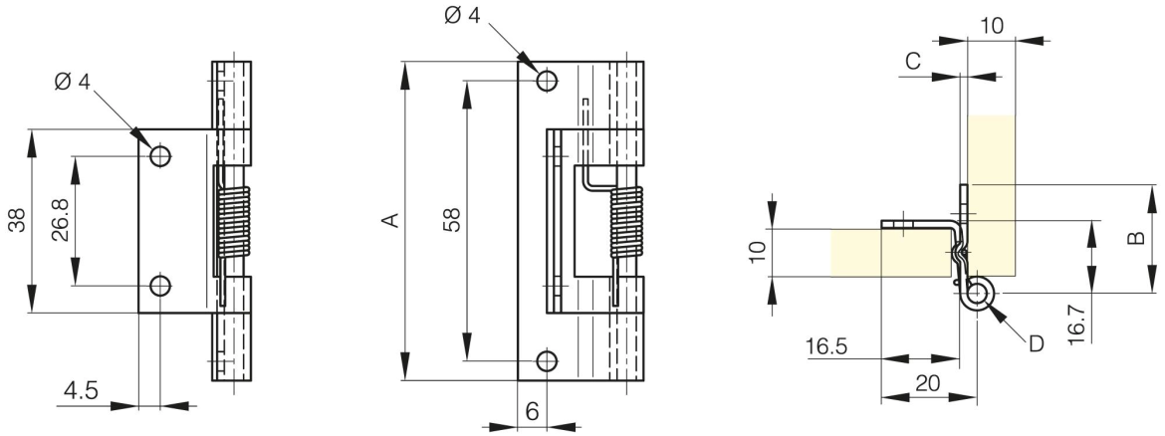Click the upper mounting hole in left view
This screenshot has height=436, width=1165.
[x=159, y=155]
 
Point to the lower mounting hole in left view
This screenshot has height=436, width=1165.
[x=159, y=286]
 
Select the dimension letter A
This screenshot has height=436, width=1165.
[x=392, y=219]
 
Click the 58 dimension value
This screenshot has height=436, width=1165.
[x=451, y=219]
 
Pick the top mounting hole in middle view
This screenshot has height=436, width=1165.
[x=545, y=80]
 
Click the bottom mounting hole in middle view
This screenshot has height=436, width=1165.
[x=545, y=361]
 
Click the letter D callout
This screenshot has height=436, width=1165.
[x=1036, y=344]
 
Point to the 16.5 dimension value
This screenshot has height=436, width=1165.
[x=826, y=347]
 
